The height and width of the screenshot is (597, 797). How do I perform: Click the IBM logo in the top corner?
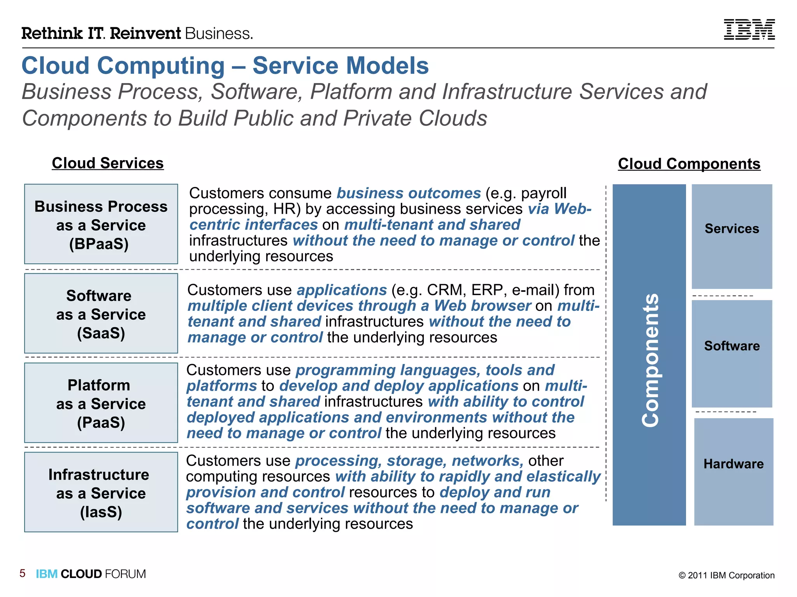(749, 30)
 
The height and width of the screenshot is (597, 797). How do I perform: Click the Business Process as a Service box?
(101, 225)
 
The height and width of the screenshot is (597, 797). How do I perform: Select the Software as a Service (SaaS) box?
(101, 314)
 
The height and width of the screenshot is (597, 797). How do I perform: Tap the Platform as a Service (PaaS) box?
(101, 403)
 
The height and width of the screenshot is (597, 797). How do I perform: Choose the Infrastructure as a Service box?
(101, 492)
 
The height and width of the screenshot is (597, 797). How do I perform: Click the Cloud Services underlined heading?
(108, 163)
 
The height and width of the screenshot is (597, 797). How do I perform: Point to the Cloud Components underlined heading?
(689, 164)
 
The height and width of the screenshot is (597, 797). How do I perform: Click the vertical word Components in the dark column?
(650, 360)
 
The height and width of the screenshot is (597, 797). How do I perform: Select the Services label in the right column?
(732, 229)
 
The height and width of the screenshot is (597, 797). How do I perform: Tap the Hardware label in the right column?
(733, 464)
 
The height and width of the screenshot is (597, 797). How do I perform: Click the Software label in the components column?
(732, 346)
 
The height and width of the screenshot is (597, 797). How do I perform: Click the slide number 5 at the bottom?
(23, 573)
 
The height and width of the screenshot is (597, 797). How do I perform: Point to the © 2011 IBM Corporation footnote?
(726, 575)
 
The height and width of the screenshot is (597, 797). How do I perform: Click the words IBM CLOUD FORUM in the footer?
(91, 574)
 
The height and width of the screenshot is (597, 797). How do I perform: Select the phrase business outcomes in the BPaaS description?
(409, 193)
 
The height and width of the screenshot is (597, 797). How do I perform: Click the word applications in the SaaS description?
(342, 290)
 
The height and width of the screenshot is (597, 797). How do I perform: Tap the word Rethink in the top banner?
(52, 33)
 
